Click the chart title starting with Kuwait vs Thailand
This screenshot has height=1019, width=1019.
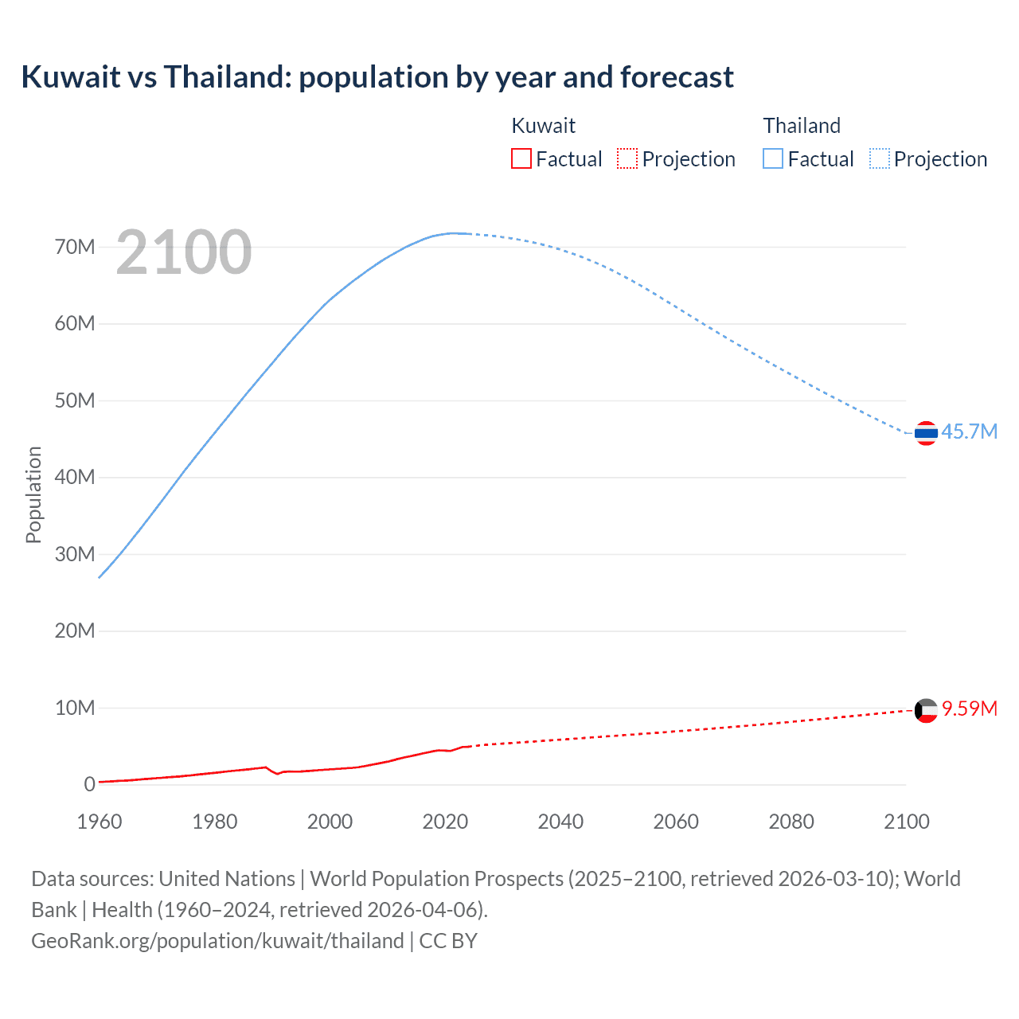point(377,77)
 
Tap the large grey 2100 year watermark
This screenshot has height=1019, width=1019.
point(184,252)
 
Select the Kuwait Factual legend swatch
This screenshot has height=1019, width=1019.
point(521,159)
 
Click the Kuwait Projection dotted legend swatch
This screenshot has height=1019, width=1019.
point(627,159)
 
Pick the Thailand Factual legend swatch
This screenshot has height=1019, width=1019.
point(773,159)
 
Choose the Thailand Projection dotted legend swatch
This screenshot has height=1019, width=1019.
point(879,159)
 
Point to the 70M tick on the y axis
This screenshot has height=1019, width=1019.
point(75,247)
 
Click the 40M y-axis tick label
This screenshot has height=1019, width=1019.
point(75,478)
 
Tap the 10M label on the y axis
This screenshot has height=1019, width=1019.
point(75,708)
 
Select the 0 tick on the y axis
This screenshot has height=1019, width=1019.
point(89,785)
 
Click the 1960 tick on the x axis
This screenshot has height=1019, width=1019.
point(100,822)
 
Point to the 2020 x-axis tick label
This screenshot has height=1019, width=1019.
point(445,822)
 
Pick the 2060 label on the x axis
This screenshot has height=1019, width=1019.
point(676,822)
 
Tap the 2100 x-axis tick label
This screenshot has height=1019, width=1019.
point(906,822)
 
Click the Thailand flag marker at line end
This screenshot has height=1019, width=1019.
point(926,433)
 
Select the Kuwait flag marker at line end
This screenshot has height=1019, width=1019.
point(926,710)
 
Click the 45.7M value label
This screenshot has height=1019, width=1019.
point(969,431)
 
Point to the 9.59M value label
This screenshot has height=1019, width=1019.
point(970,709)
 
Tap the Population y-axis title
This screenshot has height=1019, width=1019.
point(33,494)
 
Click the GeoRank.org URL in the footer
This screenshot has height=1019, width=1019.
point(217,941)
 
